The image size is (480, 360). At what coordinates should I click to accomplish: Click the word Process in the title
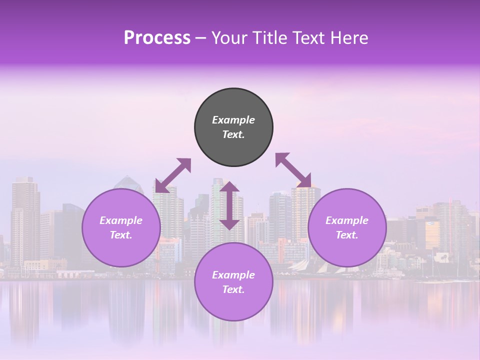click(x=157, y=38)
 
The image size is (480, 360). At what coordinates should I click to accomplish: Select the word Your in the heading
click(x=228, y=38)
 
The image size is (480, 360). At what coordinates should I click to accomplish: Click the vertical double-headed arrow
click(x=229, y=205)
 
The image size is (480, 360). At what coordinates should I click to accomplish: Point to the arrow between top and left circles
click(x=173, y=175)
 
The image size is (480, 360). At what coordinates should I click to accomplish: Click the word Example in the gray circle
click(x=233, y=120)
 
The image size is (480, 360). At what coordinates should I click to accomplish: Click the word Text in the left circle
click(x=121, y=235)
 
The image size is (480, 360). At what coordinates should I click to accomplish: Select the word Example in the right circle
click(x=347, y=220)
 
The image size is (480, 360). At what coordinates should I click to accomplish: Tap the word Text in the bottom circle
click(x=233, y=289)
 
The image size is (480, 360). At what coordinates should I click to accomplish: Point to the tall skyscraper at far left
click(x=25, y=220)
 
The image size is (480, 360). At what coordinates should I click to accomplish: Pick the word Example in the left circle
click(x=121, y=220)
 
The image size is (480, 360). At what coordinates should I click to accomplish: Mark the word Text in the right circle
click(x=347, y=235)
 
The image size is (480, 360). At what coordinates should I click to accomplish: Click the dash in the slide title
click(x=201, y=38)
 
